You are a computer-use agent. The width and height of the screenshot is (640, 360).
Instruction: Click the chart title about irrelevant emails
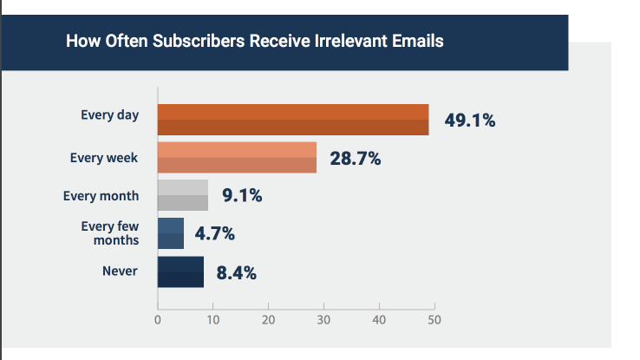[x=255, y=41]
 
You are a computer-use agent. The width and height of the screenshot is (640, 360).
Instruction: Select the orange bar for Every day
[x=293, y=120]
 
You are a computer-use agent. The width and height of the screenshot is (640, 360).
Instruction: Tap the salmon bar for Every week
[x=237, y=158]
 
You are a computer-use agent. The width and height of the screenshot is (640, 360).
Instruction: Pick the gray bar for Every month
[x=183, y=195]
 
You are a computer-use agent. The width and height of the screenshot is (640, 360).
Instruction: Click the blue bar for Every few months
[x=171, y=233]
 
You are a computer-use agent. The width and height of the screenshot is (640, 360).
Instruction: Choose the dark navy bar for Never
[x=180, y=272]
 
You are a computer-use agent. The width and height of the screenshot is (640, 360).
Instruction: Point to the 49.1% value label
[x=470, y=121]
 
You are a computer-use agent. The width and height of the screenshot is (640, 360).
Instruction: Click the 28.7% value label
[x=356, y=159]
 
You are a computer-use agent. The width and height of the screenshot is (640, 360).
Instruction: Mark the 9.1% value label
[x=242, y=196]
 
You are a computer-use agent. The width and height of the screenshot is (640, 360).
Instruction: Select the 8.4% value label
[x=236, y=272]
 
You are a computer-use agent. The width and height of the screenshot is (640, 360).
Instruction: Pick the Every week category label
[x=101, y=157]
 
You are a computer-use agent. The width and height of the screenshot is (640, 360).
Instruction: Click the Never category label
[x=121, y=271]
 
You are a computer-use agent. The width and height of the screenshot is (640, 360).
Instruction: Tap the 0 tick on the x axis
[x=158, y=320]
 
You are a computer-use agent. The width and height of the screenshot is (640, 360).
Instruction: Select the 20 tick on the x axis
[x=269, y=320]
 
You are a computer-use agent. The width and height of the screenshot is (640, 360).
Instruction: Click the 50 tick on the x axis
[x=434, y=320]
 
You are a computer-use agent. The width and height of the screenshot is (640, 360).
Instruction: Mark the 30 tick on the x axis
[x=323, y=320]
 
